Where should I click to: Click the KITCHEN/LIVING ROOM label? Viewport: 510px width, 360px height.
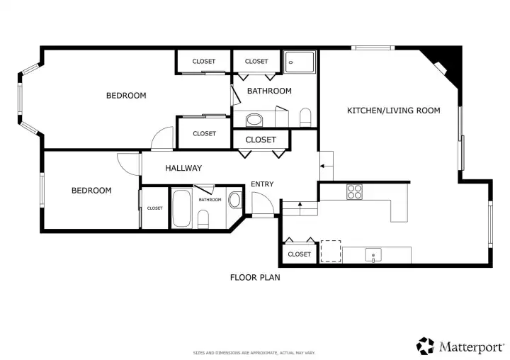tap(394, 111)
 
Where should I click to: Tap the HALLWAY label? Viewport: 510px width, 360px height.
tap(183, 168)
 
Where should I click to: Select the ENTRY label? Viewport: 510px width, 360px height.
tap(262, 184)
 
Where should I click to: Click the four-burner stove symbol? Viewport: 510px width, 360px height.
tap(354, 192)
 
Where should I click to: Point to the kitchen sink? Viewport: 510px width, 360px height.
tap(373, 255)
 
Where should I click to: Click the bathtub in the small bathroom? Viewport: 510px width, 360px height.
tap(181, 208)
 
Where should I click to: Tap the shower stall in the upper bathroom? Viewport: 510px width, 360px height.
tap(299, 62)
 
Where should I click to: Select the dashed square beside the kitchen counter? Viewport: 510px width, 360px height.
tap(331, 251)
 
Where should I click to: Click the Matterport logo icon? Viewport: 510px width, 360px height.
tap(426, 346)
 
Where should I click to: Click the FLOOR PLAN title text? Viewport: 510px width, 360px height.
tap(255, 278)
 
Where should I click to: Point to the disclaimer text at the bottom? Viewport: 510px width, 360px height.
tap(254, 353)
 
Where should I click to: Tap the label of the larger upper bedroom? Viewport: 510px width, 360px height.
tap(126, 96)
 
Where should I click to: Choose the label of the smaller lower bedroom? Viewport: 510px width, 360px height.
tap(91, 191)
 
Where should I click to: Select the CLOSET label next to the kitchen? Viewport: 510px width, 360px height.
tap(299, 254)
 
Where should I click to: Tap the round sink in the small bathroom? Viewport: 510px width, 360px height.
tap(235, 200)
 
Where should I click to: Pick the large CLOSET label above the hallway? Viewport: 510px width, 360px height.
tap(261, 140)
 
